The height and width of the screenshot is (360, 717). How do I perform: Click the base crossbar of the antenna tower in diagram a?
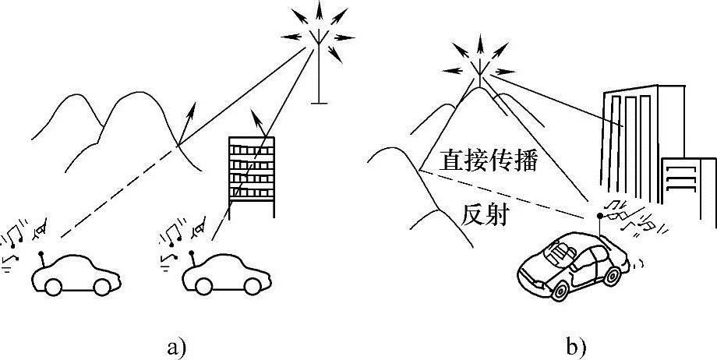[317, 101]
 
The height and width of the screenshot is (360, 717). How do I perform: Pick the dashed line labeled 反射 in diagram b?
[507, 192]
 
